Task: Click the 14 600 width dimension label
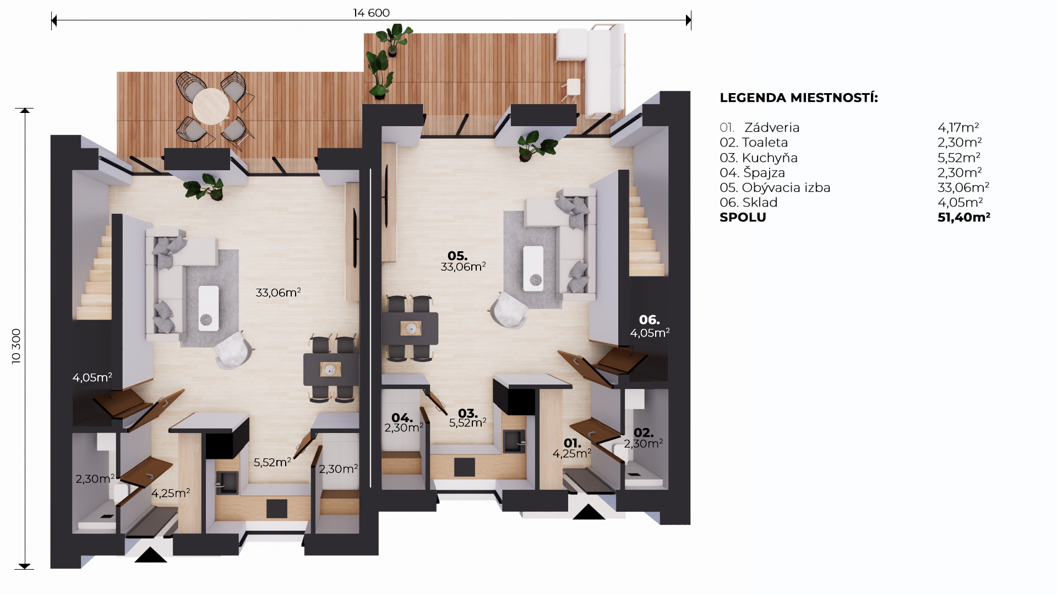click(x=371, y=13)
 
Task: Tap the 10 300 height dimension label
click(x=17, y=346)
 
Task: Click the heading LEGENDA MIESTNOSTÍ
click(x=799, y=98)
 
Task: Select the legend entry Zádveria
click(x=772, y=127)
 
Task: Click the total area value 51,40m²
click(x=964, y=218)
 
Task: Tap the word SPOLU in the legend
click(x=743, y=218)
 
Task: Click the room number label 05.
click(x=457, y=256)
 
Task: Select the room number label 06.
click(x=649, y=320)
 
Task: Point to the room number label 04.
click(x=402, y=418)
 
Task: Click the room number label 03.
click(x=468, y=413)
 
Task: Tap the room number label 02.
click(x=644, y=433)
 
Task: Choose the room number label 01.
click(x=573, y=443)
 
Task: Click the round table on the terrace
click(x=211, y=106)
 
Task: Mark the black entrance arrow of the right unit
click(x=589, y=512)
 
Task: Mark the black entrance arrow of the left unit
click(x=151, y=555)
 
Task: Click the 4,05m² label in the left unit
click(x=92, y=377)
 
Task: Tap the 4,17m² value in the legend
click(x=958, y=128)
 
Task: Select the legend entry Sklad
click(x=760, y=203)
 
